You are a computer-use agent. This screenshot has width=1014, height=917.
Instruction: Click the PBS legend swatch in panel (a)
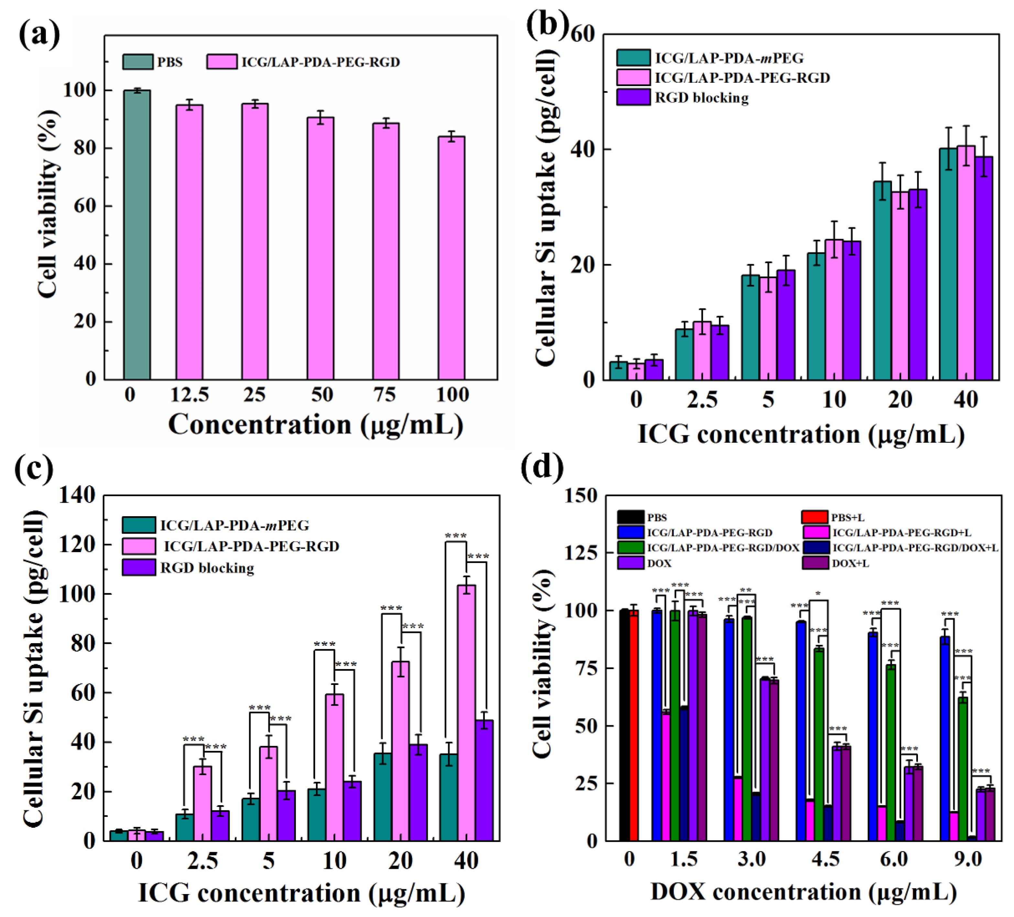[x=137, y=62]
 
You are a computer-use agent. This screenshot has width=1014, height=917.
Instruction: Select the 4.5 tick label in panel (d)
[x=825, y=859]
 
